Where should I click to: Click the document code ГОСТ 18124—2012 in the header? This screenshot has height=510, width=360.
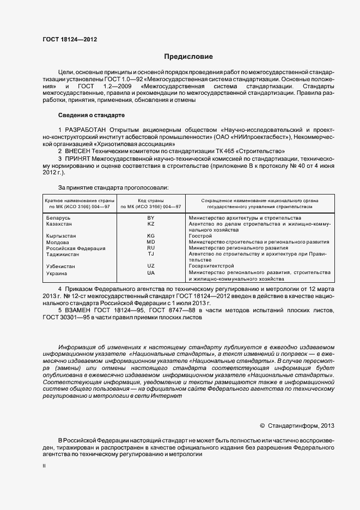[70, 39]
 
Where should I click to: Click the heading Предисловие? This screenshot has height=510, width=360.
[188, 57]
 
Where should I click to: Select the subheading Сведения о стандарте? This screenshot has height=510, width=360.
[91, 116]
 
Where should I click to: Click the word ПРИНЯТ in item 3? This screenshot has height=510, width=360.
[77, 158]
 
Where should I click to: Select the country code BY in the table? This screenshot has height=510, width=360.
[151, 218]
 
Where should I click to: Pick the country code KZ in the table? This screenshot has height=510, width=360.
[151, 224]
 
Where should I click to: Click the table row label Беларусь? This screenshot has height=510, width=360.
[58, 218]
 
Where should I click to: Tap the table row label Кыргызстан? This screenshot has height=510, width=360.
[61, 236]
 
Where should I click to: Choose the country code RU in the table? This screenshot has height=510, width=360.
[151, 248]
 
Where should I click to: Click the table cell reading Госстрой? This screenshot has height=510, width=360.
[200, 236]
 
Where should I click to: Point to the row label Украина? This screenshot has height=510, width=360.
[57, 273]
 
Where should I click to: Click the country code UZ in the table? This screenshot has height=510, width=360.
[151, 266]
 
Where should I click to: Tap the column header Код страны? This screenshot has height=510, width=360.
[151, 201]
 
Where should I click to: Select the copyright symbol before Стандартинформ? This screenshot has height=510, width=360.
[262, 426]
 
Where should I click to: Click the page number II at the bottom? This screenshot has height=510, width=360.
[44, 466]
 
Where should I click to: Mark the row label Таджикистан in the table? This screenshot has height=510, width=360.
[62, 254]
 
